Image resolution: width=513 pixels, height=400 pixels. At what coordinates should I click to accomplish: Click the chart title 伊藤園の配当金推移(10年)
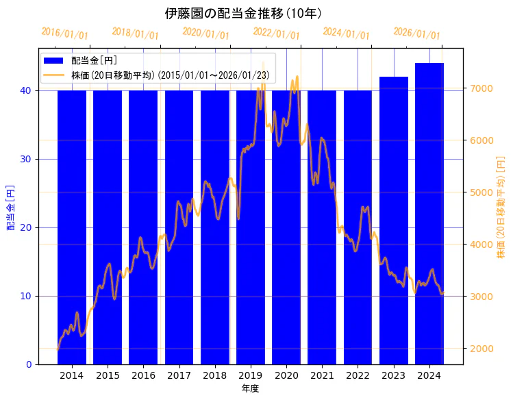point(244,14)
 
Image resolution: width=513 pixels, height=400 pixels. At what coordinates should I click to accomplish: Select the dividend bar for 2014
point(72,226)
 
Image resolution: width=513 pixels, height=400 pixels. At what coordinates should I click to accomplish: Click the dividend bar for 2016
point(143,226)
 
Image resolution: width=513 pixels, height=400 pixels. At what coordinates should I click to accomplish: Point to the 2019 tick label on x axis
point(251,375)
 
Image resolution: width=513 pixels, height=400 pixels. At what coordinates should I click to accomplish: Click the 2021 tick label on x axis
point(322,375)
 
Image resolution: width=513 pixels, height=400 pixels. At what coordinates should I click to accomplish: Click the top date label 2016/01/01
point(64,34)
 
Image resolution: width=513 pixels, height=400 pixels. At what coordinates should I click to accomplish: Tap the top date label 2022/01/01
point(276,34)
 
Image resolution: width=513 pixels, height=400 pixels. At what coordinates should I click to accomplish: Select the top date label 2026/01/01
point(416,34)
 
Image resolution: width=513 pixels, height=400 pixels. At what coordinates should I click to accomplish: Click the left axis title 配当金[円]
point(10,207)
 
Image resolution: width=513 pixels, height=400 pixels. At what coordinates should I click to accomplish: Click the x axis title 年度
point(250,388)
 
